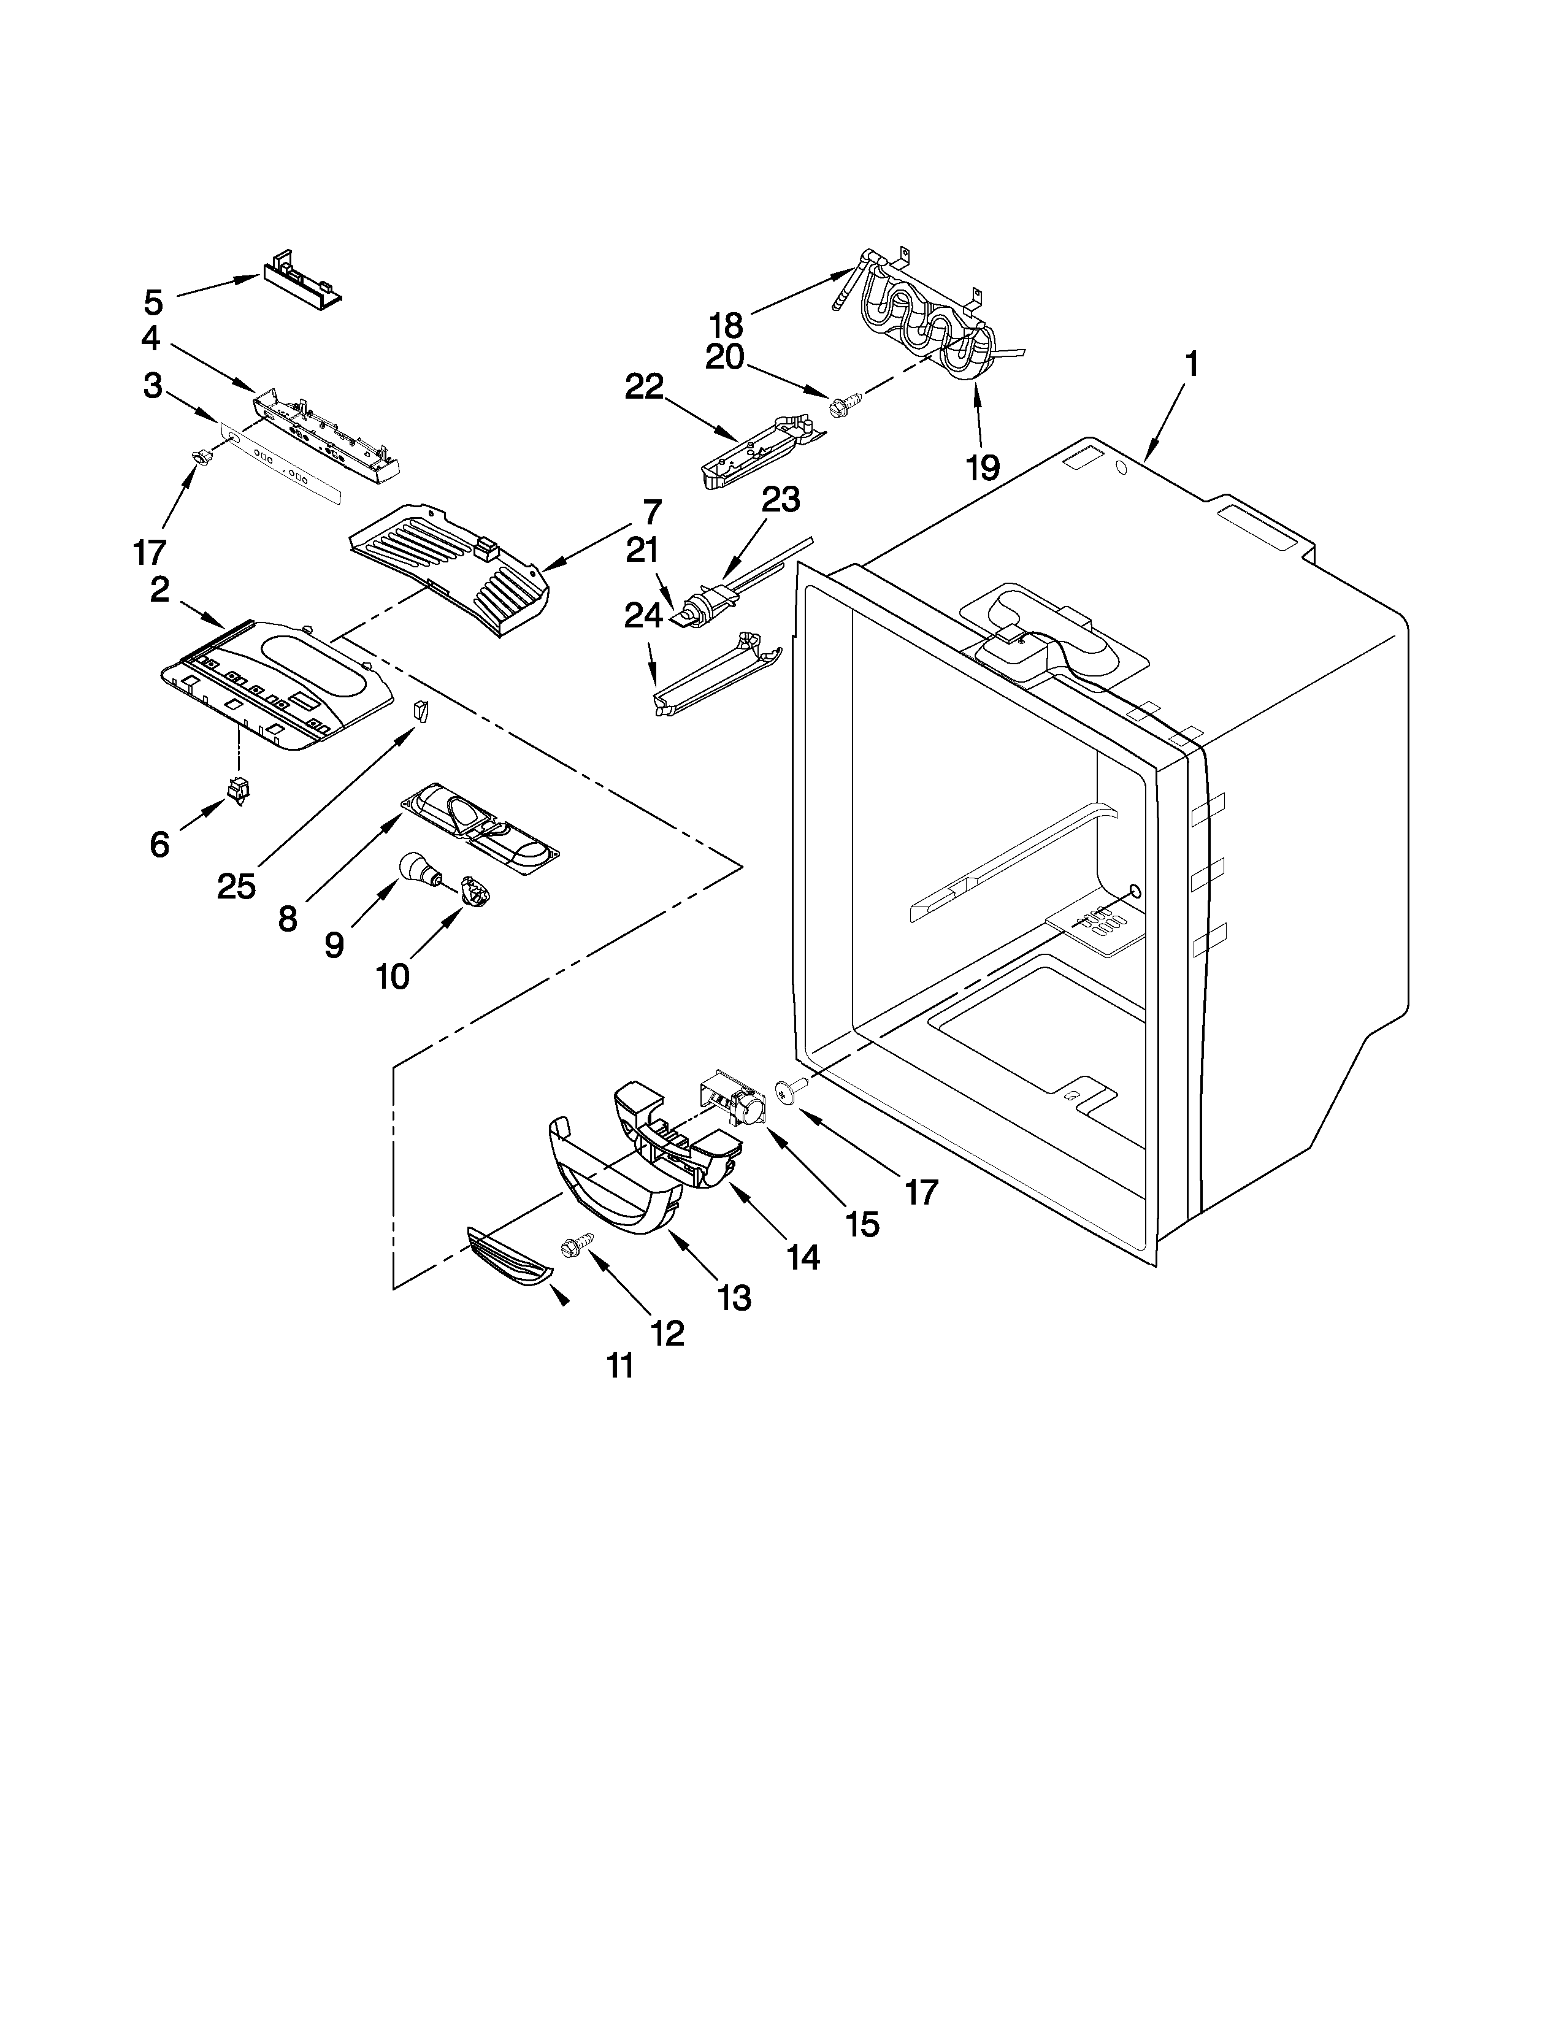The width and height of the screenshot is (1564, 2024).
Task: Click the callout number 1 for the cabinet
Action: (1192, 364)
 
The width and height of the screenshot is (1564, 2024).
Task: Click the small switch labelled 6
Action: (239, 789)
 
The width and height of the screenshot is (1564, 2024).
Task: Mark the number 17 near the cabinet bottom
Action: (921, 1192)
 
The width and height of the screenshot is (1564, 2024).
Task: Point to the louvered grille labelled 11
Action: (510, 1257)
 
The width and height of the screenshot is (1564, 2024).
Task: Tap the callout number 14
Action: (802, 1257)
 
